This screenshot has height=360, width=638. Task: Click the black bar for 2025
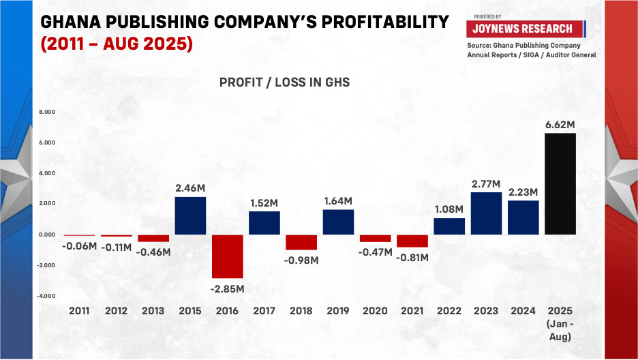[560, 184]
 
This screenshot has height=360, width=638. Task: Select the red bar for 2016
[227, 256]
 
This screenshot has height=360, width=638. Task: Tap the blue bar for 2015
[190, 215]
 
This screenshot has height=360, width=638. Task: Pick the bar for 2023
[486, 213]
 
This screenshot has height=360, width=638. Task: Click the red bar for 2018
[301, 242]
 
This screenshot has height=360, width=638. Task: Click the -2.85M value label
[227, 288]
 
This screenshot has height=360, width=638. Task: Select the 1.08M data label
[449, 209]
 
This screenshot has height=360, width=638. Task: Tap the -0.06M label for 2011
[80, 245]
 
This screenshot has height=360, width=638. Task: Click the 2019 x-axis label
[338, 310]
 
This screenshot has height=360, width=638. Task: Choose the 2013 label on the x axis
[153, 310]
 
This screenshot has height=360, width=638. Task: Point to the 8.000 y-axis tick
[46, 112]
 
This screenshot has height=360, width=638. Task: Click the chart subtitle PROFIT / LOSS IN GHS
[284, 82]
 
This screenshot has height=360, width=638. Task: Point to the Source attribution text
[531, 50]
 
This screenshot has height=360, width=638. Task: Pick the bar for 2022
[449, 226]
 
